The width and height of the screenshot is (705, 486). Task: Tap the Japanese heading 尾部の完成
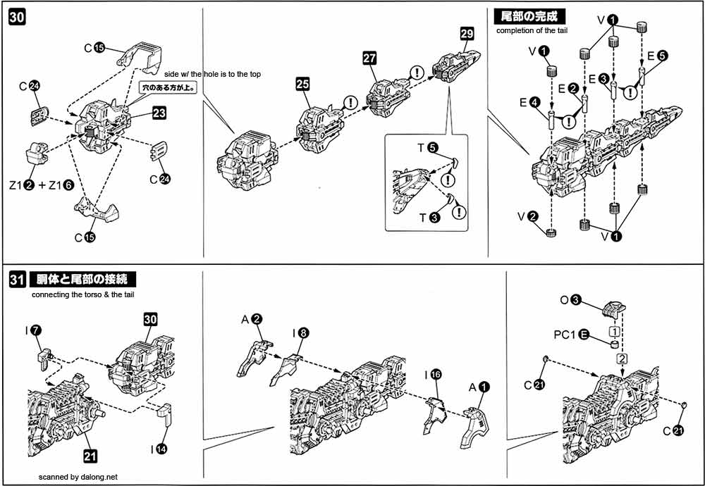click(529, 16)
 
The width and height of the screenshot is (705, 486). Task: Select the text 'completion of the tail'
click(532, 30)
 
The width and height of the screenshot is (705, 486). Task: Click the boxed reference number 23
click(158, 113)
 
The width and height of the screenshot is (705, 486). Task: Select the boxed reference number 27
click(372, 58)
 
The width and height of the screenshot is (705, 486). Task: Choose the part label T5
click(427, 149)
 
